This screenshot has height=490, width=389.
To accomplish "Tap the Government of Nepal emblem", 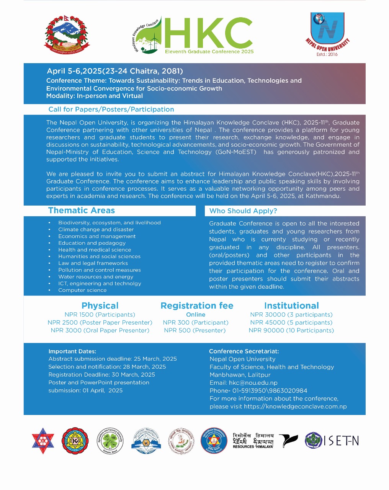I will pos(67,34).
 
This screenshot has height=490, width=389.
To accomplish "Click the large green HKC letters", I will pos(209,33).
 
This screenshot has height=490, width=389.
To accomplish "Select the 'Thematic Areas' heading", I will pos(82,211).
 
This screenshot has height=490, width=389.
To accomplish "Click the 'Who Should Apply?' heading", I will pos(243,211).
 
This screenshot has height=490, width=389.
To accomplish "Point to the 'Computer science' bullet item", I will pos(82,290).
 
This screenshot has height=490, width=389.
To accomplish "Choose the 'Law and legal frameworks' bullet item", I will pos(93,263).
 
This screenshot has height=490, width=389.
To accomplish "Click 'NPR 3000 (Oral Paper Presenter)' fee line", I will pos(100,330).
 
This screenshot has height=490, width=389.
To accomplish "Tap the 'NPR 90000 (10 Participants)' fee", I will pos(291,330).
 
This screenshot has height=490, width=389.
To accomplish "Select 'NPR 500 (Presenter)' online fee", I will pos(195,330).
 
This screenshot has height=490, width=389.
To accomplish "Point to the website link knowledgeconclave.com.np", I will pos(295,407).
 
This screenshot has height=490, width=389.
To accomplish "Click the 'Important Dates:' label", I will pos(72,351).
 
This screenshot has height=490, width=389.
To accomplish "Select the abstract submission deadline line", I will pos(113,359).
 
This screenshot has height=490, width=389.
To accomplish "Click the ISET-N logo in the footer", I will pos(332,441).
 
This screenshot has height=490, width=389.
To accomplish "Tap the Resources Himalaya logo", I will pos(253,441).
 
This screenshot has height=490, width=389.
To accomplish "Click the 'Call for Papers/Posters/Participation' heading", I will pos(111,109).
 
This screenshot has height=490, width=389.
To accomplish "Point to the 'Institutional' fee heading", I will pos(291,306).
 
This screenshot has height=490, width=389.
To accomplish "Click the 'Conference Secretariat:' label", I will pos(244,351).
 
